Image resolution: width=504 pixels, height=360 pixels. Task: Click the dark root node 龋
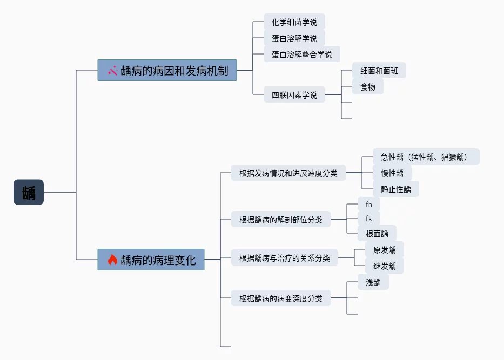pyautogui.click(x=29, y=192)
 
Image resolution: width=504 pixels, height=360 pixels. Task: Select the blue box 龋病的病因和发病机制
pyautogui.click(x=167, y=70)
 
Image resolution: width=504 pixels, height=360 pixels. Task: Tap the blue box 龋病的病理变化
pyautogui.click(x=151, y=260)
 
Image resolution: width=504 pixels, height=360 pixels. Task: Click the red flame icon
pyautogui.click(x=112, y=260)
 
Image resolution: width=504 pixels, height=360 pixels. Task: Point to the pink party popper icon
pyautogui.click(x=112, y=70)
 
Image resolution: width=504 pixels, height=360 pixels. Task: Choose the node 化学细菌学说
pyautogui.click(x=294, y=22)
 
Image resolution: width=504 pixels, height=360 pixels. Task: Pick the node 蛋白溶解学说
pyautogui.click(x=294, y=38)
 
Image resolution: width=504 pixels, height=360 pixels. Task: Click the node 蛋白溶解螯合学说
pyautogui.click(x=302, y=55)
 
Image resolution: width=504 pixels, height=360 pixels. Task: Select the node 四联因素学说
pyautogui.click(x=294, y=94)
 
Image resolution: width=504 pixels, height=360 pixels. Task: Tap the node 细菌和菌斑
pyautogui.click(x=379, y=70)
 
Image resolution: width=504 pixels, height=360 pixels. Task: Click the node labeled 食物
pyautogui.click(x=368, y=86)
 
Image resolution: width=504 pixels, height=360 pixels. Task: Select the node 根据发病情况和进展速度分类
pyautogui.click(x=288, y=173)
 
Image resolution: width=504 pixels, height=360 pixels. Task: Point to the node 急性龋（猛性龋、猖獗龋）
pyautogui.click(x=426, y=157)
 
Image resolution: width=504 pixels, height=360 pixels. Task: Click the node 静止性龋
pyautogui.click(x=395, y=189)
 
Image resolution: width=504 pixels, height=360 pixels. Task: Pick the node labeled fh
pyautogui.click(x=369, y=204)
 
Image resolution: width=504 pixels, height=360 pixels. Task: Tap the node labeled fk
pyautogui.click(x=369, y=219)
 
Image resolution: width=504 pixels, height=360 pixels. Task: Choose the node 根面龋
pyautogui.click(x=377, y=234)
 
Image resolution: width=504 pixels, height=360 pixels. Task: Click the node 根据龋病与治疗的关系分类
pyautogui.click(x=285, y=257)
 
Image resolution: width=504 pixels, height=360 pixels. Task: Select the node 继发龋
pyautogui.click(x=385, y=266)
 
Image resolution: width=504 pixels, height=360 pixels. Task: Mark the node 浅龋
pyautogui.click(x=373, y=282)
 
